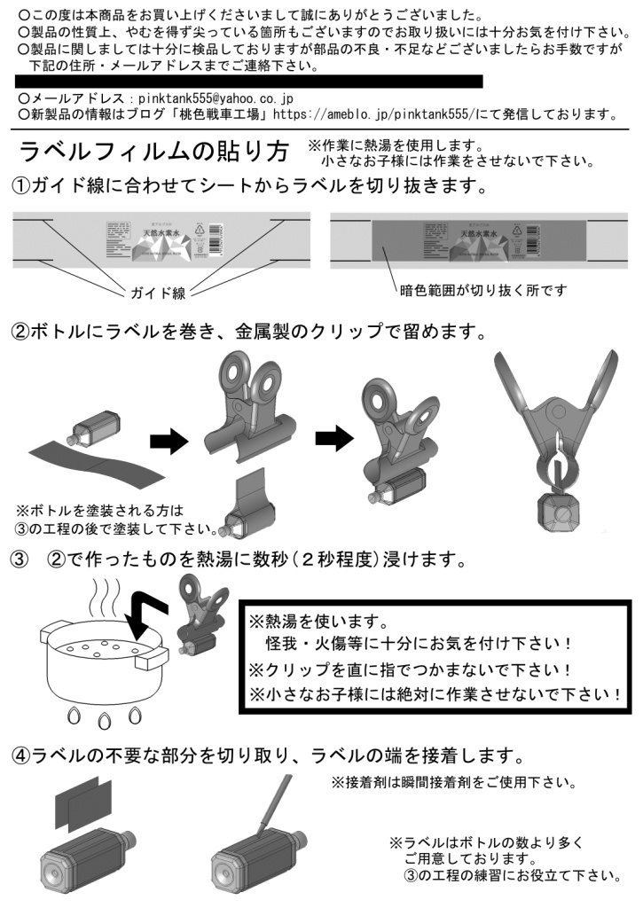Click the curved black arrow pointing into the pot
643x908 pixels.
point(152,611)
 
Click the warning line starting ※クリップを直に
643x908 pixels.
point(409,669)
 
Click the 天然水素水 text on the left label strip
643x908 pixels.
point(161,233)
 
